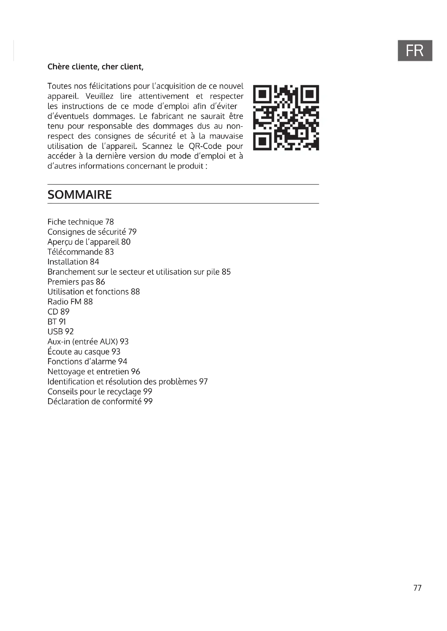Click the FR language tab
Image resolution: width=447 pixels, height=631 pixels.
click(415, 50)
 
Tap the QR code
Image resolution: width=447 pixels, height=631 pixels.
click(286, 118)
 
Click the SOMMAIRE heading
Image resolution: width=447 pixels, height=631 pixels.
click(79, 195)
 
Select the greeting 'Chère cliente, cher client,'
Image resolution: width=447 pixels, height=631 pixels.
click(95, 67)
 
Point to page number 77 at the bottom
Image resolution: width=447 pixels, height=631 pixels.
click(417, 588)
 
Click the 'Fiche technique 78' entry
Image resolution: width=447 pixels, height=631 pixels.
click(80, 222)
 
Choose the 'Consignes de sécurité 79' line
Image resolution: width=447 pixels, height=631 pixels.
click(92, 232)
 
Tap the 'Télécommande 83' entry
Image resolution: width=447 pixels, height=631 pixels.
click(80, 252)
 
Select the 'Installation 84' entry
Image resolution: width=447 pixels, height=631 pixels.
click(73, 262)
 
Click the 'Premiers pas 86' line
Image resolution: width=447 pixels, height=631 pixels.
click(76, 282)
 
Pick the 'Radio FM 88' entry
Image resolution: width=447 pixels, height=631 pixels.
click(70, 302)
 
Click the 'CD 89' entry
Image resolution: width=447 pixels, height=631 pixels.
click(58, 312)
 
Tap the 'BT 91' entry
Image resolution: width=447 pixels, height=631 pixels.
click(57, 322)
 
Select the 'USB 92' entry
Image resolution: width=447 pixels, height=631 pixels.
click(61, 332)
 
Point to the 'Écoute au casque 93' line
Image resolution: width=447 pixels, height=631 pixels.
click(84, 352)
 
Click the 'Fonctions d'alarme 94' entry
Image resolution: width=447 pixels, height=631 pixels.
click(87, 361)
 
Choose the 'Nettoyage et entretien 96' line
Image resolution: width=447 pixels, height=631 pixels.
click(94, 371)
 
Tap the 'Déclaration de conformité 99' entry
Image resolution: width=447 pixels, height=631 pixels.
click(100, 401)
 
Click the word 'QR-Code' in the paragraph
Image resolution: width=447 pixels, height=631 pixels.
click(205, 146)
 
